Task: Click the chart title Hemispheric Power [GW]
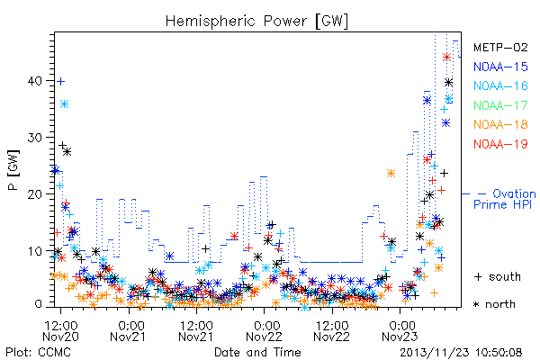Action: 256,21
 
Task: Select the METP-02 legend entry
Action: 500,48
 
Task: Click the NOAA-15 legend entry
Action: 500,67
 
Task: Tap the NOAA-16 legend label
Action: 500,85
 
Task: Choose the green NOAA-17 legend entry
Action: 500,105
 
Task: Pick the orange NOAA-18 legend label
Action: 500,124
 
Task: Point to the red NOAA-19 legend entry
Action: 500,144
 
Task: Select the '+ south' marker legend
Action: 498,276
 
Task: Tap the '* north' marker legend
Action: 494,304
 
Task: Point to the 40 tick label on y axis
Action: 34,81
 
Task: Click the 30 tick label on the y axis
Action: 34,138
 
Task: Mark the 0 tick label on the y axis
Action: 38,304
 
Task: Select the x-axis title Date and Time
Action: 257,352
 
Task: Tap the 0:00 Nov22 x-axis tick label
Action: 264,330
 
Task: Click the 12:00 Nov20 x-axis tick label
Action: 60,330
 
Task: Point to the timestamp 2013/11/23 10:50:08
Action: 461,352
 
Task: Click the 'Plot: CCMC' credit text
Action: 38,352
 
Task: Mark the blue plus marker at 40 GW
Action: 60,82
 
